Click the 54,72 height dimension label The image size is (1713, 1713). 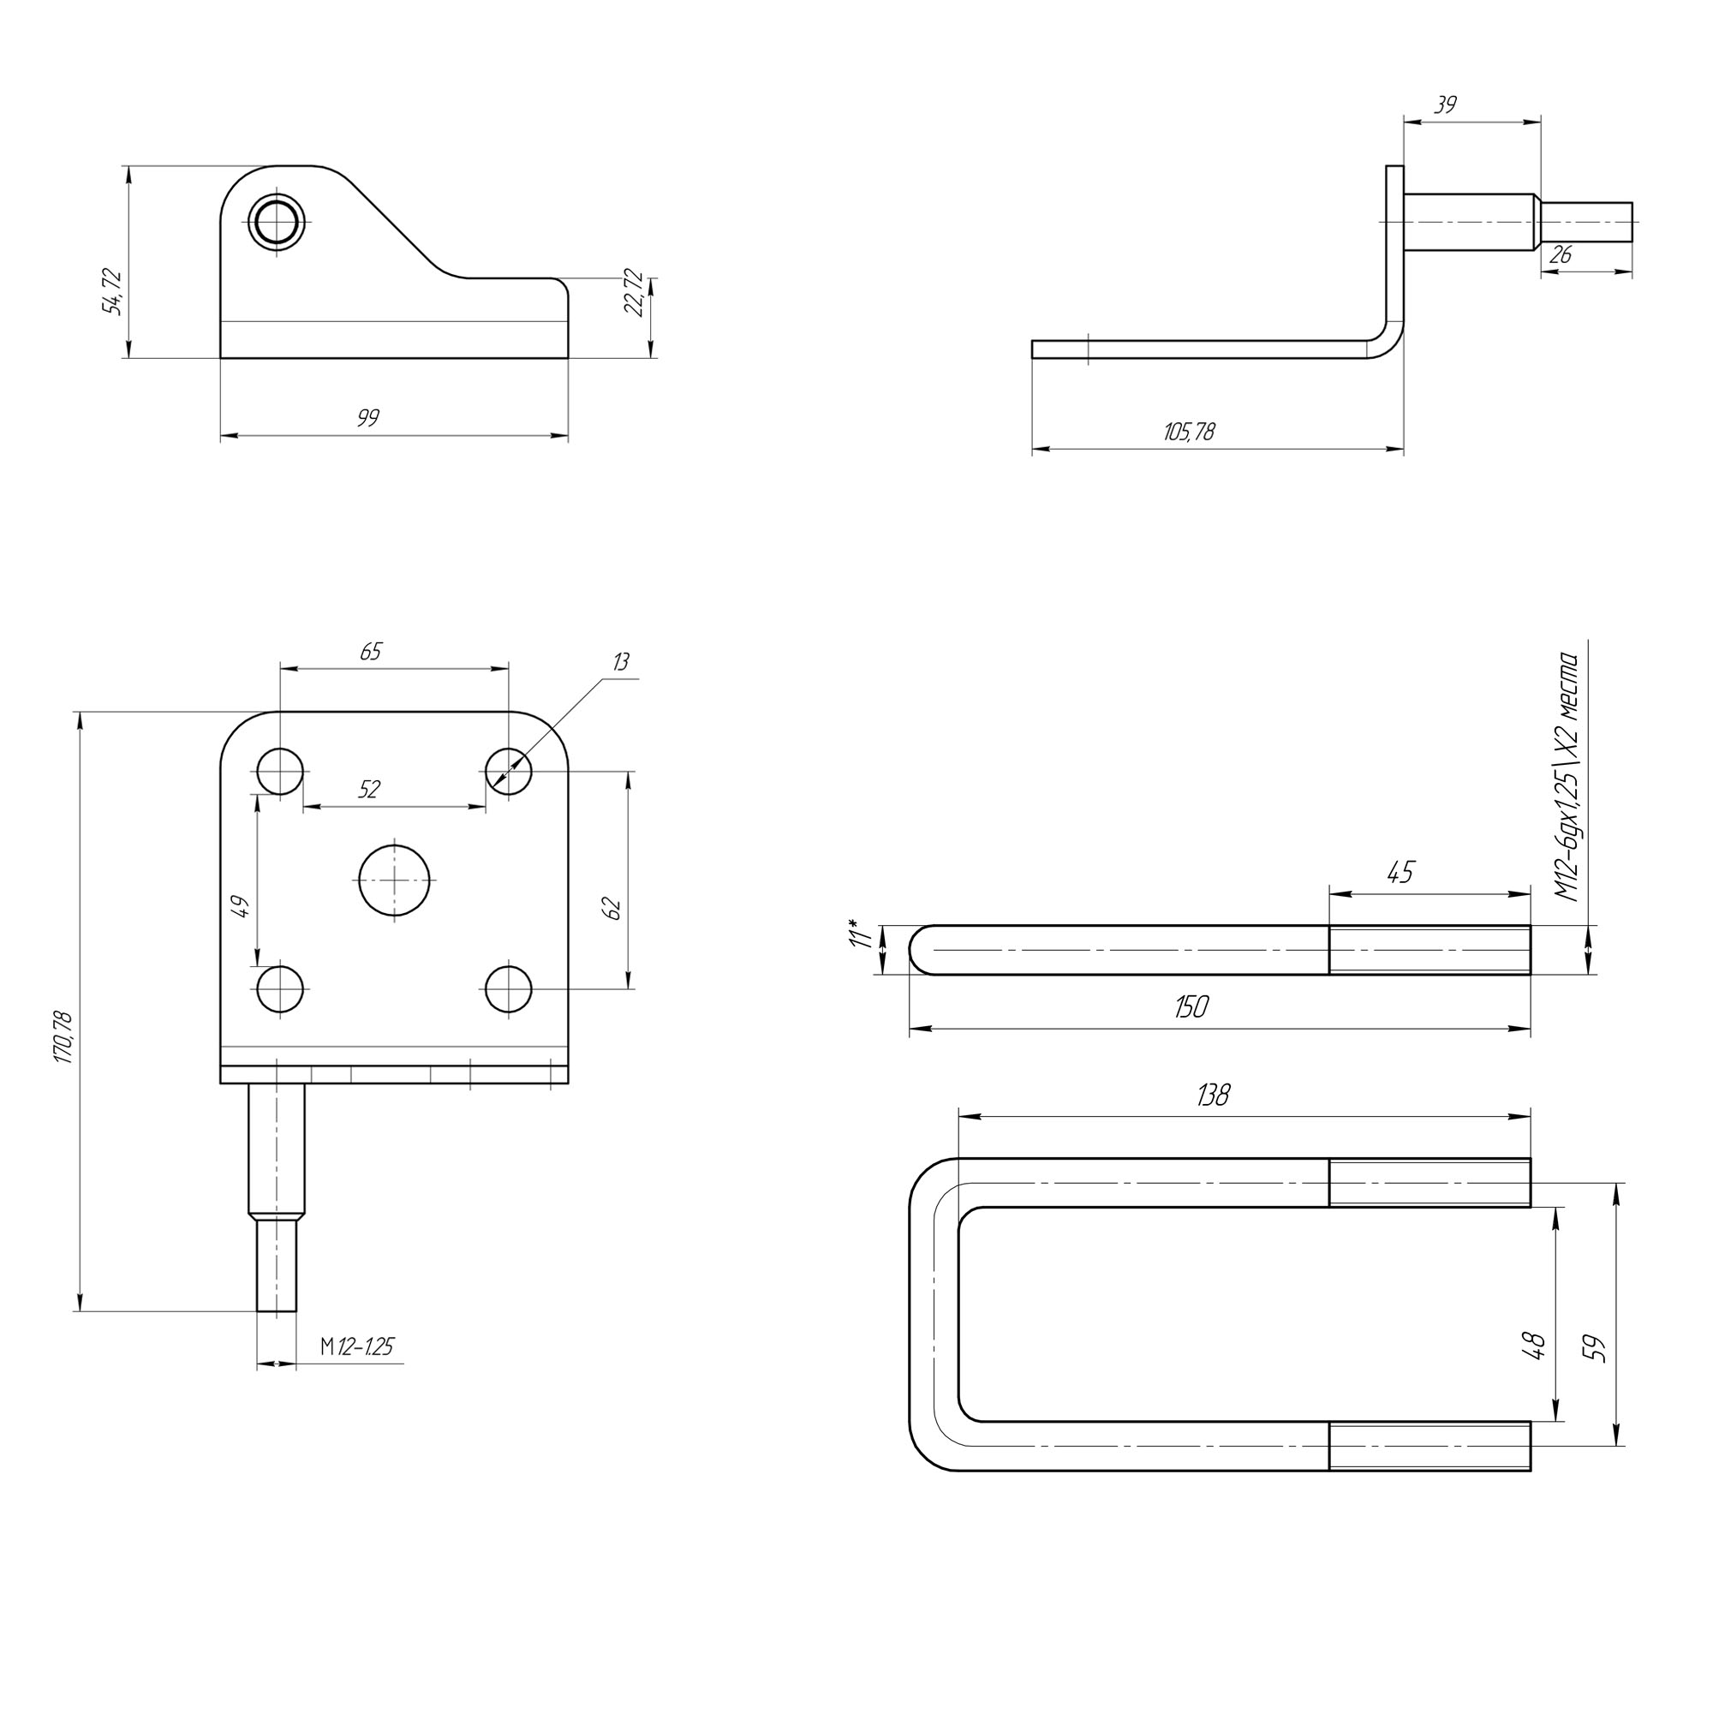coord(112,292)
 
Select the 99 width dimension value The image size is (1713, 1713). coord(368,418)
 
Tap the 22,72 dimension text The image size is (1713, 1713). coord(633,292)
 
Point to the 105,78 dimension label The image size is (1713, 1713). coord(1189,433)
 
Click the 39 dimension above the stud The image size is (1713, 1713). coord(1445,105)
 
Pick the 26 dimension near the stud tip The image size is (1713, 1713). coord(1561,255)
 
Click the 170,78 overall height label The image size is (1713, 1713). coord(65,1036)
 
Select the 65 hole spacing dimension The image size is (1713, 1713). coord(371,652)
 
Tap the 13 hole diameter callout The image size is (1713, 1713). coord(621,662)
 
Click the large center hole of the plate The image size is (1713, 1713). coord(395,880)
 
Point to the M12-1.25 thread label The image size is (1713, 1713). coord(356,1346)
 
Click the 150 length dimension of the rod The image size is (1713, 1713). coord(1191,1006)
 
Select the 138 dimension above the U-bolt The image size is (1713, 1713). coord(1213,1096)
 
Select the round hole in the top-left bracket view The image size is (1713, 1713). coord(276,222)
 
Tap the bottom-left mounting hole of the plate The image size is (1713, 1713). coord(280,988)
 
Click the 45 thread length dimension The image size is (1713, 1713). coord(1400,873)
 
